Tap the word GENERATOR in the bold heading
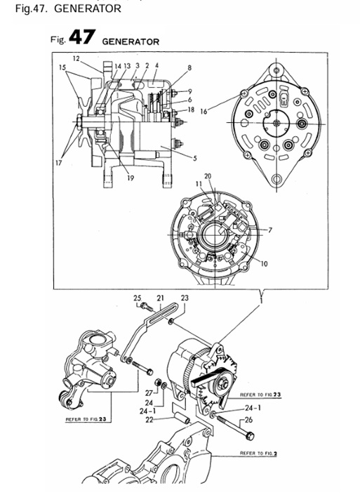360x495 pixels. [x=131, y=41]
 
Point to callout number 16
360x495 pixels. [x=204, y=110]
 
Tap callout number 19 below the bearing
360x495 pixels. [x=131, y=178]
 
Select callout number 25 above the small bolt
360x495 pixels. [x=138, y=298]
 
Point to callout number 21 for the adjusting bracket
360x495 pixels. [x=160, y=298]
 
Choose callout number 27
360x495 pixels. [x=148, y=392]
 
